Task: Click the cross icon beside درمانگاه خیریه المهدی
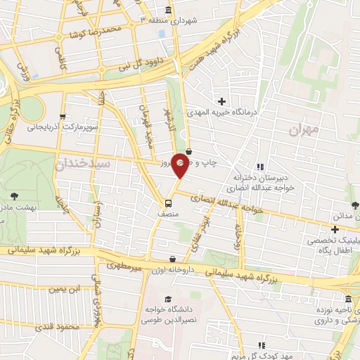point(222,103)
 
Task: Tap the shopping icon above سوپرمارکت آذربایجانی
point(63,117)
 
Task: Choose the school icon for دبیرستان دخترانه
point(259,167)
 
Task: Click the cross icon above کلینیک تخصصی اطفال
point(335,229)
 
